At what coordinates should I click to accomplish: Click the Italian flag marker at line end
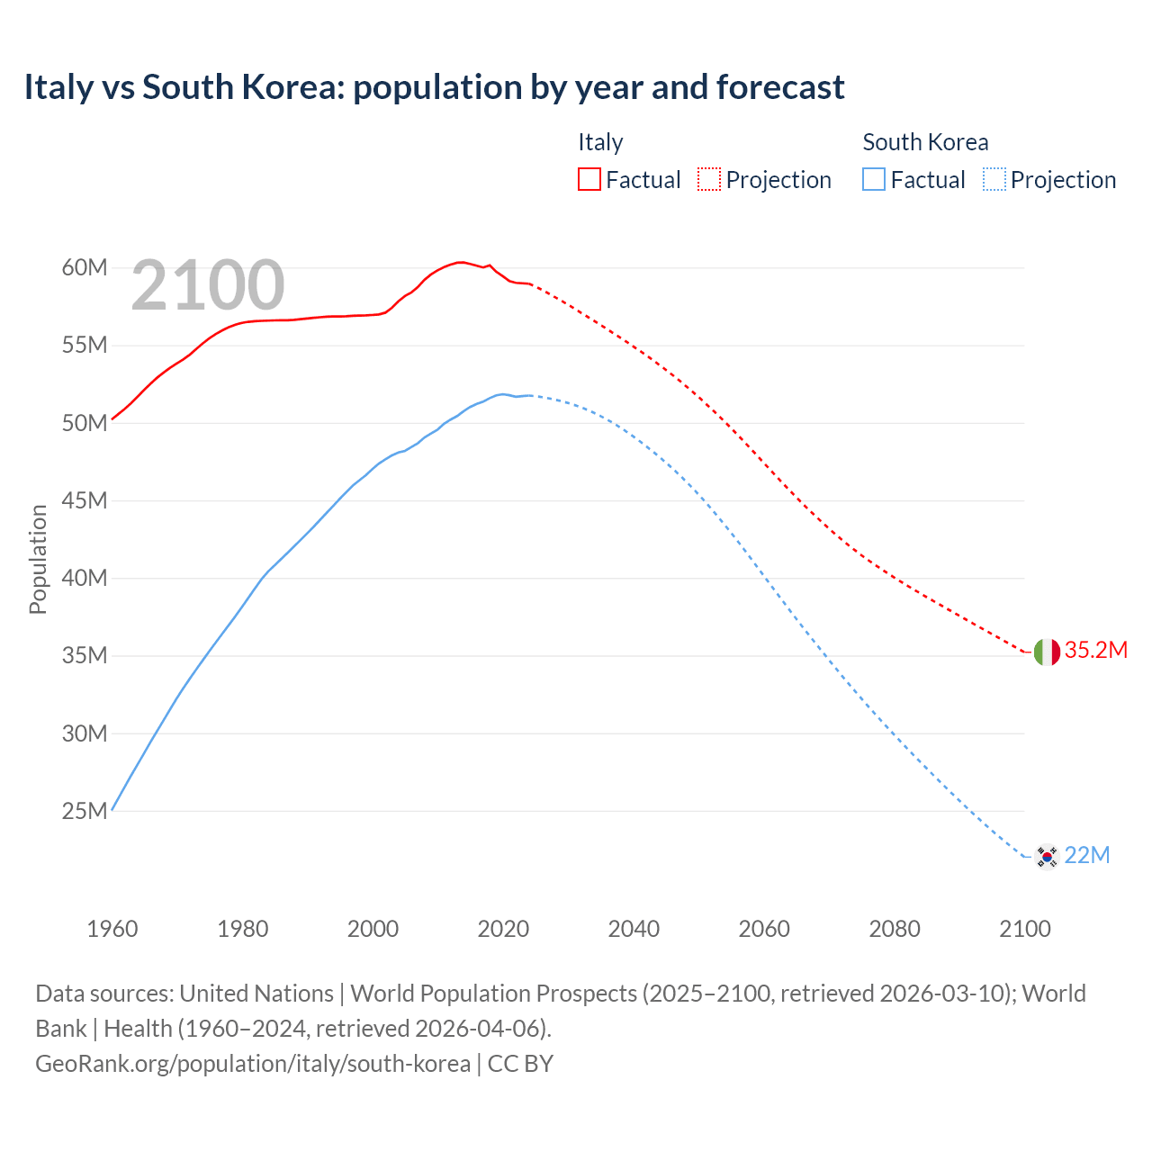pos(1046,652)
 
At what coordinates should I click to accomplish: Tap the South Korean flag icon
pos(1046,856)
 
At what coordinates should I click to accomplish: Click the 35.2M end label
pos(1095,651)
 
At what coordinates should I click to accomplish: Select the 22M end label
pos(1086,856)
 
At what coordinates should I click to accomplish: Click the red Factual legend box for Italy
pos(589,179)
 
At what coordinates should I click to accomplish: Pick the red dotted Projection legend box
pos(709,179)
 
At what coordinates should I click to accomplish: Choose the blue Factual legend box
pos(874,179)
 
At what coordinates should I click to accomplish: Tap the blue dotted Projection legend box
pos(994,179)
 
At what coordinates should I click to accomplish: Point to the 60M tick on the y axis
pos(85,268)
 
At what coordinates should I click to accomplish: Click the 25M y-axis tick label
pos(85,812)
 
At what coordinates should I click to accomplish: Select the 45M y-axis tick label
pos(85,501)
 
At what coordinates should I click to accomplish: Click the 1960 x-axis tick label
pos(112,929)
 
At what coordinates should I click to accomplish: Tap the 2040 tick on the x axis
pos(634,929)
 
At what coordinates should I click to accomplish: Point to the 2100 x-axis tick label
pos(1024,929)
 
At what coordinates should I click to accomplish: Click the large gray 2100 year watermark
pos(208,286)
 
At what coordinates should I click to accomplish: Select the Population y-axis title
pos(38,559)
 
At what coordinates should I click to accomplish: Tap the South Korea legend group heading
pos(925,142)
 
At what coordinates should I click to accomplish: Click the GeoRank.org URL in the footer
pos(253,1064)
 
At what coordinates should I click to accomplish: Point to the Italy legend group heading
pos(600,142)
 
